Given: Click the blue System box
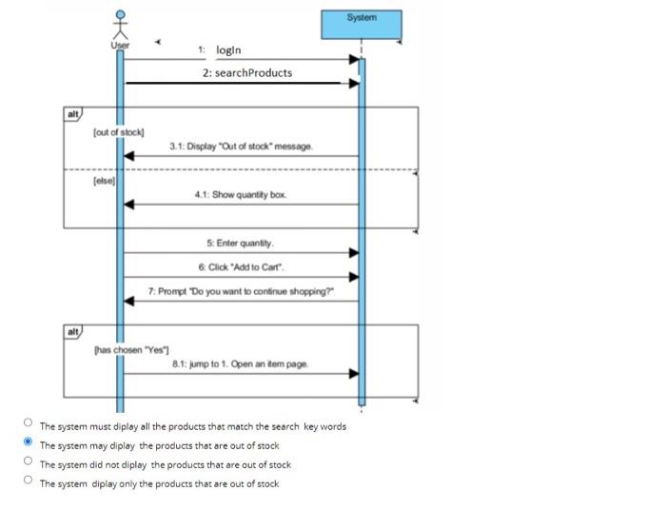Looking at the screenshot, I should [x=362, y=24].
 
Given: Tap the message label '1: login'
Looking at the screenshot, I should [x=221, y=49].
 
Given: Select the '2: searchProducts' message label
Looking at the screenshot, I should [x=247, y=73].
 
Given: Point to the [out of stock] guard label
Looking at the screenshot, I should [x=119, y=131].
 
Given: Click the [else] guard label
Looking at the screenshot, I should [x=104, y=179].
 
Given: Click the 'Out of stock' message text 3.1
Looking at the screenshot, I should [x=241, y=147].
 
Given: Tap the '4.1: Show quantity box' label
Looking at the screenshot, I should [x=241, y=194].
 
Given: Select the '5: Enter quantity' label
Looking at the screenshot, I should [x=240, y=244].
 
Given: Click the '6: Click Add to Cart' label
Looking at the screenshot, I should [x=240, y=267].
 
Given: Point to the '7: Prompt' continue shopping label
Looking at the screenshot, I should [x=240, y=291].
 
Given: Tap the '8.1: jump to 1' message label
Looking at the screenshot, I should [x=240, y=364].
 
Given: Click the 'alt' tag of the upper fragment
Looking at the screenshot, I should [x=72, y=114].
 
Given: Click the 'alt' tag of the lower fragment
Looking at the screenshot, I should [x=72, y=332].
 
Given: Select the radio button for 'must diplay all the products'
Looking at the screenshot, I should [x=29, y=425].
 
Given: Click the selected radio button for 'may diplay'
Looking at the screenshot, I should [x=29, y=444].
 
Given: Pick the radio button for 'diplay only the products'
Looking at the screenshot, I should [x=29, y=482].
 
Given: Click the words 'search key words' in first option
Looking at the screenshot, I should [x=309, y=426].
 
